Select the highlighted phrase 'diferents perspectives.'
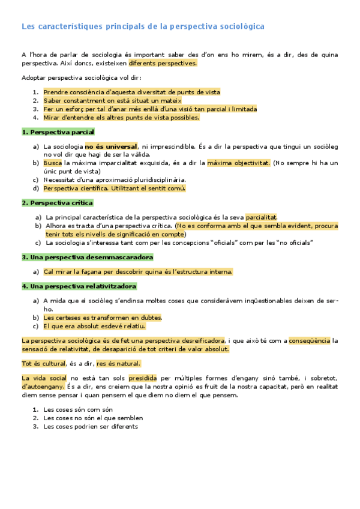(x=163, y=62)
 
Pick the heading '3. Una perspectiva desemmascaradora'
(x=88, y=257)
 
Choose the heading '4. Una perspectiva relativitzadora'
(x=79, y=286)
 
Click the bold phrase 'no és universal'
(x=110, y=146)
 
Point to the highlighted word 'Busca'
(x=53, y=163)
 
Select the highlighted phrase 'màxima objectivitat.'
(x=239, y=163)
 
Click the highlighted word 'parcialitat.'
(x=262, y=217)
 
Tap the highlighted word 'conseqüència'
(x=309, y=340)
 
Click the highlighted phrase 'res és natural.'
(x=118, y=363)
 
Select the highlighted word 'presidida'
(x=142, y=378)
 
